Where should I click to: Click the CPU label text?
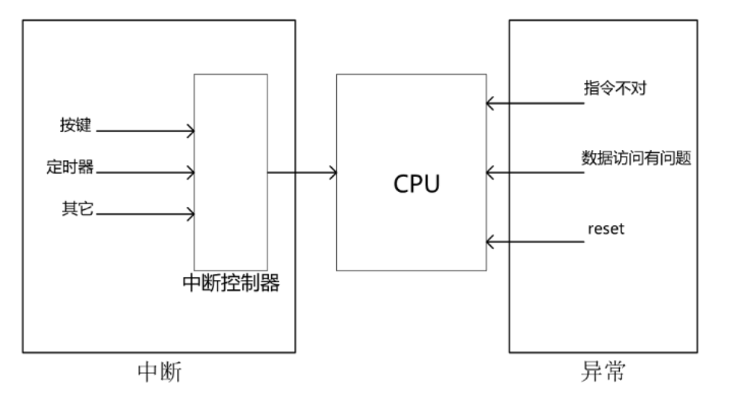tap(416, 184)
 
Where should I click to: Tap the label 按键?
tap(76, 126)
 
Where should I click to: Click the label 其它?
tap(76, 209)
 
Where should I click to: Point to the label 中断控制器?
tap(231, 283)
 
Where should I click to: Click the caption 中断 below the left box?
tap(160, 373)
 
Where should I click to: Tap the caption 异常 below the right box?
tap(602, 373)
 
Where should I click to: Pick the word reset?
tap(605, 229)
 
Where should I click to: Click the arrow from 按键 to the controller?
tap(145, 131)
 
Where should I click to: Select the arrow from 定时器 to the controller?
tap(145, 173)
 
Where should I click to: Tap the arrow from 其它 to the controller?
tap(145, 214)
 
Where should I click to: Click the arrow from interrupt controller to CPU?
tap(302, 173)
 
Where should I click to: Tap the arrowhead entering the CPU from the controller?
tap(332, 173)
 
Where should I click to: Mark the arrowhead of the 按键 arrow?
tap(189, 131)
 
